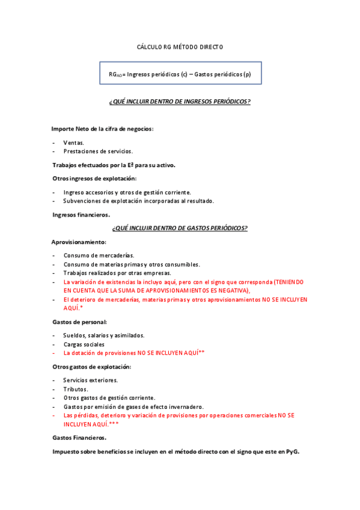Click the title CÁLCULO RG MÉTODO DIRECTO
click(180, 46)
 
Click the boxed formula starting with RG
click(180, 74)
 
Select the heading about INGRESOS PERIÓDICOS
click(180, 102)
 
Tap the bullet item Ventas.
click(74, 143)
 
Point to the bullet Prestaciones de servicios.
click(98, 151)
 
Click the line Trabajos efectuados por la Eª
click(114, 165)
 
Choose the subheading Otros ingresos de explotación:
click(94, 178)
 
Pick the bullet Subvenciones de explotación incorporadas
click(138, 201)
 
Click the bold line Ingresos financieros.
click(81, 215)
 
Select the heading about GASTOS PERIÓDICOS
click(180, 228)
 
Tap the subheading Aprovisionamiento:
click(79, 242)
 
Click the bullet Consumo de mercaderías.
click(99, 256)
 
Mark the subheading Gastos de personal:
click(79, 322)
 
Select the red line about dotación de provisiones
click(133, 352)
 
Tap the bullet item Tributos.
click(76, 389)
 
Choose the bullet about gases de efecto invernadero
click(133, 407)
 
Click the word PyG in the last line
click(292, 451)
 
